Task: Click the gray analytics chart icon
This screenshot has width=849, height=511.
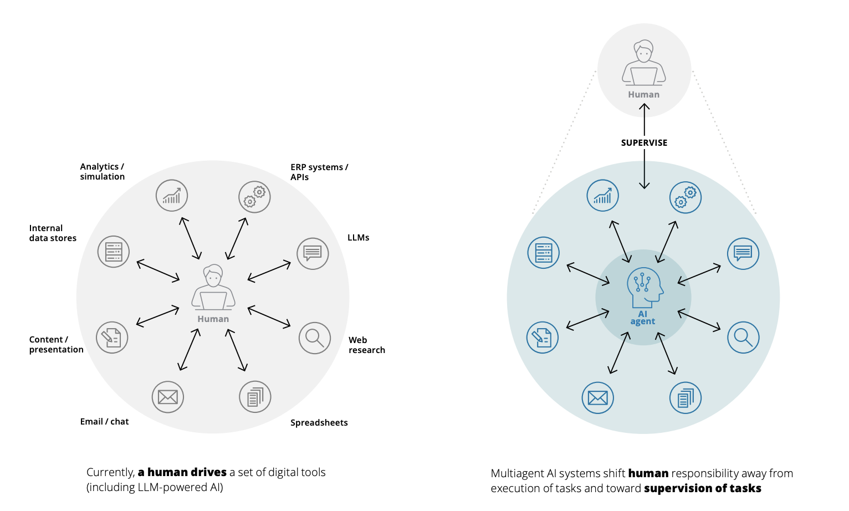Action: coord(172,196)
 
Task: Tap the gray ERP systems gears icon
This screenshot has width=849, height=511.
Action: coord(254,197)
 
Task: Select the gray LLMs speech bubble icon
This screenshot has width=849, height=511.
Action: coord(313,254)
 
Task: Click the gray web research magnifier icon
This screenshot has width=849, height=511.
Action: coord(314,338)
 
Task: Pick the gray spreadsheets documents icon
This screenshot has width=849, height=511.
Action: coord(255,397)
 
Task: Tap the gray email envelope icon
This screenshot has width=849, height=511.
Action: coord(167,397)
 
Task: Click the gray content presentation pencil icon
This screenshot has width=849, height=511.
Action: coord(112,338)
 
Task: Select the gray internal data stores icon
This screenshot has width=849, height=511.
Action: coord(114,252)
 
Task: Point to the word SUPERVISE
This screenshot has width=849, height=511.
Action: coord(644,142)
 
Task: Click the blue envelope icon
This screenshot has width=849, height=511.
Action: coord(597,397)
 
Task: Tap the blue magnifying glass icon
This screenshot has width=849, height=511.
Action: coord(743,337)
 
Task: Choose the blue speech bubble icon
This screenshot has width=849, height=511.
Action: coord(743,253)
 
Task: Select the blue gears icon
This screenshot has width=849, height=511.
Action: coord(685,197)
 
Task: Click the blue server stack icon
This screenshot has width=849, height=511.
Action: coord(543,253)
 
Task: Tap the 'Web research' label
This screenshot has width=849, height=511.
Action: coord(366,345)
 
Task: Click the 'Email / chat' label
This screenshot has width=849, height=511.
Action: coord(104,422)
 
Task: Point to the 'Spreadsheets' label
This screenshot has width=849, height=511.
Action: coord(319,423)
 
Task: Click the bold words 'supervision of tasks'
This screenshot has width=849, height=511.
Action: coord(702,488)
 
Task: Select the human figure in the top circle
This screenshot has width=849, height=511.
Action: coord(643,63)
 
